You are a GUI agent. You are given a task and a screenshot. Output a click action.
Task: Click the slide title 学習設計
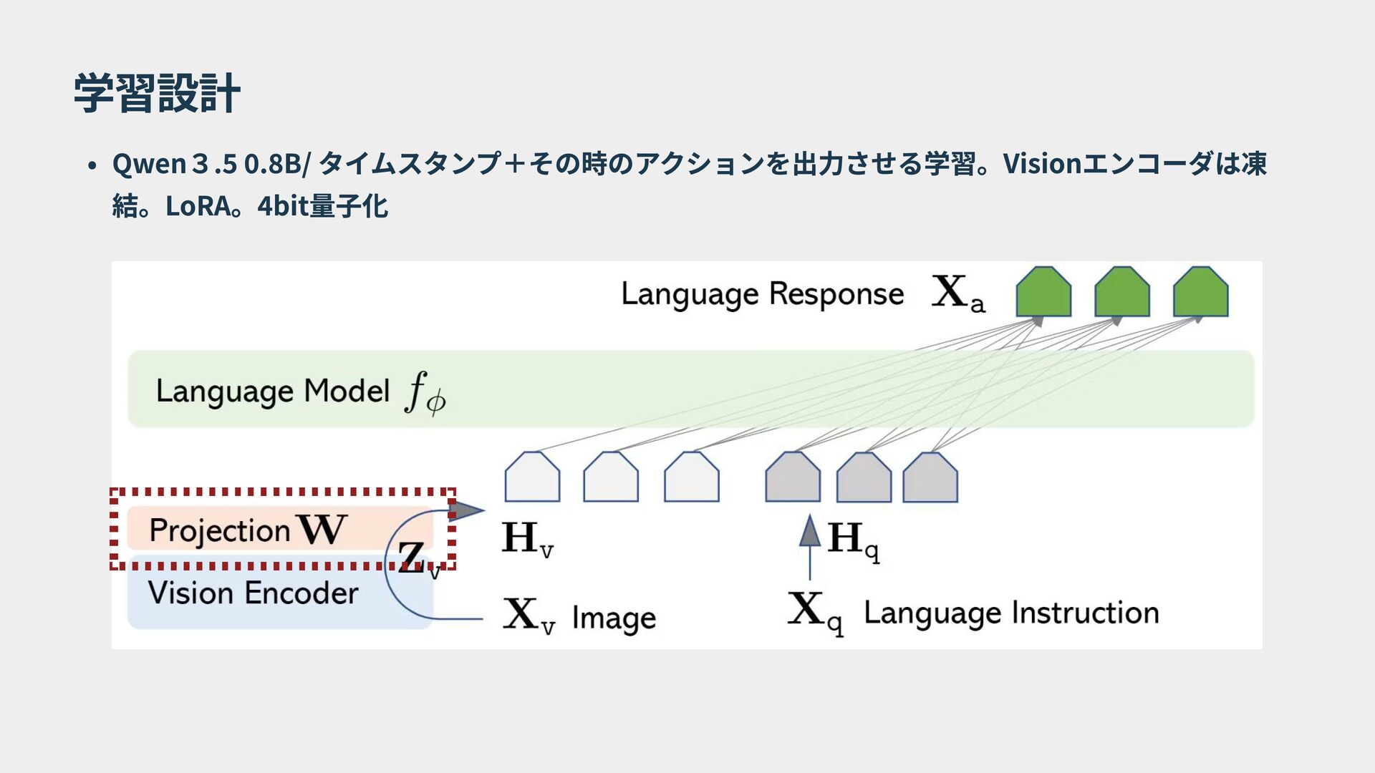pos(157,93)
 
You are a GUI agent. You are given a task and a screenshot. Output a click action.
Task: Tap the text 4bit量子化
pos(322,206)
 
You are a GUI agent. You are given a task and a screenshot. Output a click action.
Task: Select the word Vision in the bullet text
pos(1041,164)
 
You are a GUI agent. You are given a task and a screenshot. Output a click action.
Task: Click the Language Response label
pos(762,294)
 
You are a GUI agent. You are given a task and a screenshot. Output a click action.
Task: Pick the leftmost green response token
pos(1043,291)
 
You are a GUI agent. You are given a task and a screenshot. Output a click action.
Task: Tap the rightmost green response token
pos(1200,291)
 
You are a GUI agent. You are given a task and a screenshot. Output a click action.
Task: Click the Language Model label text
pos(272,392)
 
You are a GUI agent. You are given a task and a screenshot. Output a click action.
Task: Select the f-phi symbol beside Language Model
pos(425,393)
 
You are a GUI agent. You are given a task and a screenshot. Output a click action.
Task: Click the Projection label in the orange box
pos(219,530)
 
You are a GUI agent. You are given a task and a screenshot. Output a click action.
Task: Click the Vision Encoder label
pos(253,593)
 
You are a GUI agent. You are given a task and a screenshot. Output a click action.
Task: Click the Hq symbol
pos(853,540)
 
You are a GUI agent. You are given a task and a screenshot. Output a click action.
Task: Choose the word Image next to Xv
pos(614,618)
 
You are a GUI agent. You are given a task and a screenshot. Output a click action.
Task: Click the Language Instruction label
pos(1011,613)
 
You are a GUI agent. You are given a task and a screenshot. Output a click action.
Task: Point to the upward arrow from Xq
pos(810,547)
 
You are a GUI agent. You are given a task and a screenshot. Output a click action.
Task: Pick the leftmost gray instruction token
pos(793,477)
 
